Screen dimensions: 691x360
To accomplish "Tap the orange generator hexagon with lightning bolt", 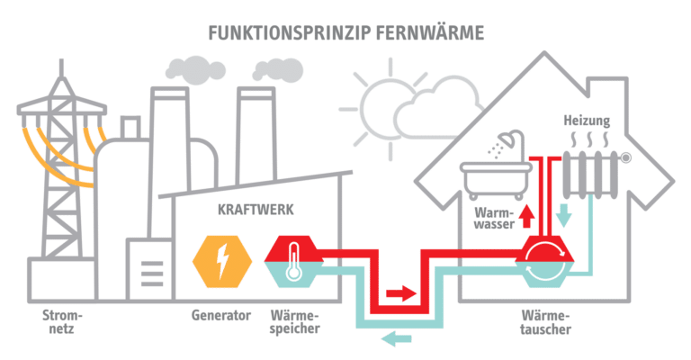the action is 222,262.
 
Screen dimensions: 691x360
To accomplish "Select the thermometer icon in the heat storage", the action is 293,261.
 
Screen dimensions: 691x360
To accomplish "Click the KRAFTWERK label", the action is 256,210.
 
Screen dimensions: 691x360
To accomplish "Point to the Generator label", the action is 220,315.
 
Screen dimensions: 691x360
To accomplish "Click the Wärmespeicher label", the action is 294,322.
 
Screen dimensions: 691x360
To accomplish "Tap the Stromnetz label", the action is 62,321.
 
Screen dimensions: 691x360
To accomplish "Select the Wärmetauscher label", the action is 545,322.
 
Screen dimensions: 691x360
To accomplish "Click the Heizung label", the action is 587,121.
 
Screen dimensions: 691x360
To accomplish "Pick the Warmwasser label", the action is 495,218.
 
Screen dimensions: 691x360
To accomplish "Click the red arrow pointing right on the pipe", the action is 400,293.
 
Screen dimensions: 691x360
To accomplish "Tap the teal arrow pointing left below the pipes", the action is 396,338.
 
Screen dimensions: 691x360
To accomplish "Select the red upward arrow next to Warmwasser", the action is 526,215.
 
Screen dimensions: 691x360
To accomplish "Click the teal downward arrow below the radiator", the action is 563,215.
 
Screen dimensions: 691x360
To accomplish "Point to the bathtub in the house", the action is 496,180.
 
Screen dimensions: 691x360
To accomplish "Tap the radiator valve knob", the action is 625,157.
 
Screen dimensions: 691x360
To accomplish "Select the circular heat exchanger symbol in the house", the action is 545,261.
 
